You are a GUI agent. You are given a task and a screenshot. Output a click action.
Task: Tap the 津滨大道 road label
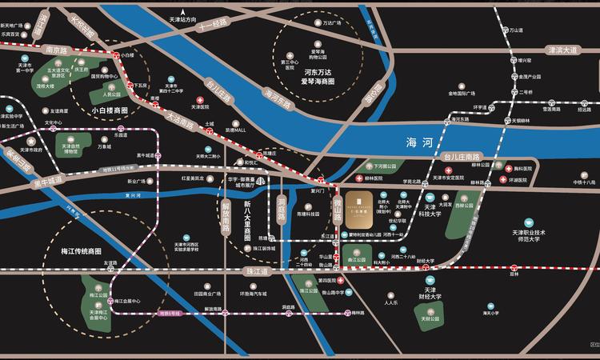tap(562, 50)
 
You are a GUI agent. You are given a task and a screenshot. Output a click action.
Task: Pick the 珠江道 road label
tap(258, 272)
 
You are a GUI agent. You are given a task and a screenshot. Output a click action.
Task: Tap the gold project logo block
tap(363, 207)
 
